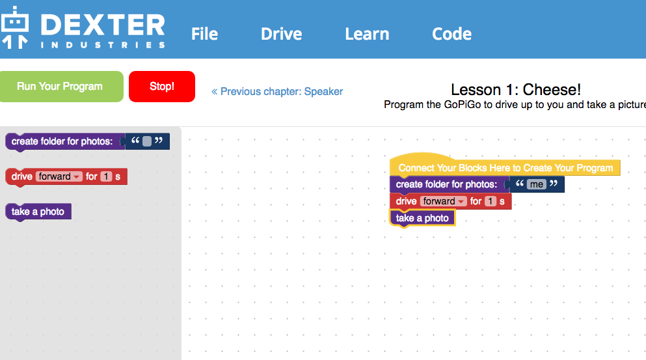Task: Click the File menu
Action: pyautogui.click(x=204, y=34)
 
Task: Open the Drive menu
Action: pyautogui.click(x=282, y=34)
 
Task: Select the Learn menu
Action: pyautogui.click(x=367, y=34)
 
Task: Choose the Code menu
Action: pyautogui.click(x=451, y=34)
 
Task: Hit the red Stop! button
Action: pyautogui.click(x=162, y=86)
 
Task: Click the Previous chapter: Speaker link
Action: pyautogui.click(x=277, y=92)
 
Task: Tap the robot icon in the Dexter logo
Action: pyautogui.click(x=15, y=27)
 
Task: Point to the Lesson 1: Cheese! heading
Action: pyautogui.click(x=516, y=89)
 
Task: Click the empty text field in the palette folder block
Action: pyautogui.click(x=147, y=141)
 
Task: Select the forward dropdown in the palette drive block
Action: pyautogui.click(x=59, y=176)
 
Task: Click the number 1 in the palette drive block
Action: pyautogui.click(x=106, y=176)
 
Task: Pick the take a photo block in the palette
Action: pyautogui.click(x=38, y=212)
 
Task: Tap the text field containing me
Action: pyautogui.click(x=537, y=184)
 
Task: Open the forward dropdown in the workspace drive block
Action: pyautogui.click(x=444, y=201)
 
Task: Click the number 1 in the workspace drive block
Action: pyautogui.click(x=491, y=201)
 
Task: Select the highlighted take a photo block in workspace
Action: pyautogui.click(x=422, y=218)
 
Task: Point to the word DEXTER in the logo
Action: pyautogui.click(x=103, y=25)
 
